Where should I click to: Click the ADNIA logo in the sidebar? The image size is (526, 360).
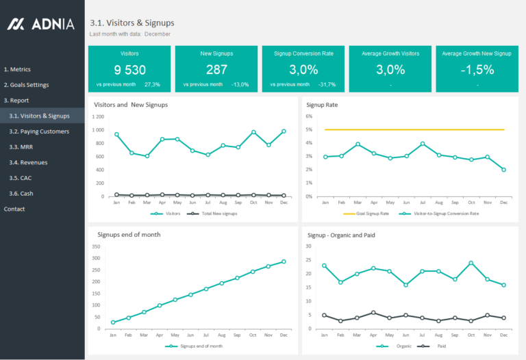[x=41, y=24]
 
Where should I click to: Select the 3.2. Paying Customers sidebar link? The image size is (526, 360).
[x=39, y=131]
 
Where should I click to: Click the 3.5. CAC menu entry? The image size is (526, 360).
[x=21, y=178]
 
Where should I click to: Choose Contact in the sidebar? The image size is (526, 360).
[x=14, y=209]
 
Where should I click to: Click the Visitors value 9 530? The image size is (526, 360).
[x=129, y=69]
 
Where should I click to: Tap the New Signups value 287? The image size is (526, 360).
[x=216, y=69]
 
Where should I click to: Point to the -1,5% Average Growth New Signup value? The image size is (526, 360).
[x=477, y=69]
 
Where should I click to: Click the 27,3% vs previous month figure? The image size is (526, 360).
[x=152, y=85]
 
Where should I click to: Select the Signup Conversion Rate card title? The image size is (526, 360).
[x=303, y=53]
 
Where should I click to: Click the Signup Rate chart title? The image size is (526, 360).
[x=322, y=105]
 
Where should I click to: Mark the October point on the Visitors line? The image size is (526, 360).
[x=253, y=132]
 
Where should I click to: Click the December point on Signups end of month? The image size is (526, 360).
[x=284, y=261]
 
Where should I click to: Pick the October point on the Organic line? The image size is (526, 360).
[x=471, y=263]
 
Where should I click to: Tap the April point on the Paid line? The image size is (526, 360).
[x=373, y=313]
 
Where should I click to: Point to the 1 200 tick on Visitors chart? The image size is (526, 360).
[x=97, y=116]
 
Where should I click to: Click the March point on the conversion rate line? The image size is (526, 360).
[x=358, y=144]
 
